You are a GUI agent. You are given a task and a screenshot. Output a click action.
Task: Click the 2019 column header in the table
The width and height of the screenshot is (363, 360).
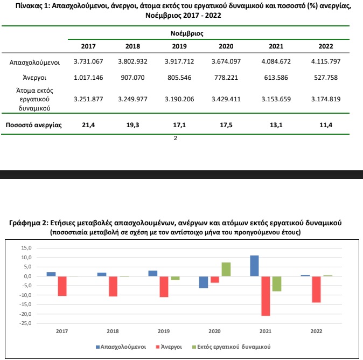tap(179, 46)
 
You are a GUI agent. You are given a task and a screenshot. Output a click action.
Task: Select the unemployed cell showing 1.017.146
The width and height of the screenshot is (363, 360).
tap(88, 78)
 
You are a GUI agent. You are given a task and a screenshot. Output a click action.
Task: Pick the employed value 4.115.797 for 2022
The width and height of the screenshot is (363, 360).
tap(326, 61)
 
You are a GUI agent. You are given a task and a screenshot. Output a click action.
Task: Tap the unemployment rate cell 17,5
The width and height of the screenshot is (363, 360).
tap(226, 125)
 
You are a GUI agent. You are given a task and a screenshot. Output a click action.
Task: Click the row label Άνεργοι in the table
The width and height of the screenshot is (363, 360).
tap(34, 78)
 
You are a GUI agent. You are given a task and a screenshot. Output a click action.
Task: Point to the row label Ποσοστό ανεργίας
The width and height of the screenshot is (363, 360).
tap(33, 125)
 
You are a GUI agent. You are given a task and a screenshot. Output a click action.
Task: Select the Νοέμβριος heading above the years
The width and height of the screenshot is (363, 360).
tap(187, 33)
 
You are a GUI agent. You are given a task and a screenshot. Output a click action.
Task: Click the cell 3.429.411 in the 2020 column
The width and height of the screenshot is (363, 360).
tap(226, 99)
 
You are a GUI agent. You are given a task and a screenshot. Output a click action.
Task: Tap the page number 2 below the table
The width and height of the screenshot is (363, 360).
tap(176, 138)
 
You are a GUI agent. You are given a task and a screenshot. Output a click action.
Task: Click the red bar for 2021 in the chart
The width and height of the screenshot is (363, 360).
tap(266, 296)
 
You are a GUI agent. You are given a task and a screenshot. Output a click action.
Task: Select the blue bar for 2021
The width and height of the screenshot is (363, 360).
tap(254, 266)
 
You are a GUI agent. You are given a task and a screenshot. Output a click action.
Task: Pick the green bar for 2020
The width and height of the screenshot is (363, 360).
tap(226, 269)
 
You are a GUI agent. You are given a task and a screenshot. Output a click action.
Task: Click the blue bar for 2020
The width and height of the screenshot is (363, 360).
tap(204, 282)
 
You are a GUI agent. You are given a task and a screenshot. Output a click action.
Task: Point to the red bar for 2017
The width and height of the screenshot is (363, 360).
tap(62, 286)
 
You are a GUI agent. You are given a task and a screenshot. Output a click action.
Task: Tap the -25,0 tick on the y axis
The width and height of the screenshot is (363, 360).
tap(25, 323)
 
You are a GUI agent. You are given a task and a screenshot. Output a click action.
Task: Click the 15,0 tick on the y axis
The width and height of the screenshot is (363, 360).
tap(26, 248)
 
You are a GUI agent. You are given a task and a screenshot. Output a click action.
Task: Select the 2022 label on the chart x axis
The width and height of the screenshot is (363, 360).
tap(316, 331)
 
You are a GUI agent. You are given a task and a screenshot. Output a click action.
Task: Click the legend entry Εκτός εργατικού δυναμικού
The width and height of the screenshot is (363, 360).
tap(232, 347)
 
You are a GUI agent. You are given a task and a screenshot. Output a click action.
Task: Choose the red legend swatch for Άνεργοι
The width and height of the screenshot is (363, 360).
tap(158, 347)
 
